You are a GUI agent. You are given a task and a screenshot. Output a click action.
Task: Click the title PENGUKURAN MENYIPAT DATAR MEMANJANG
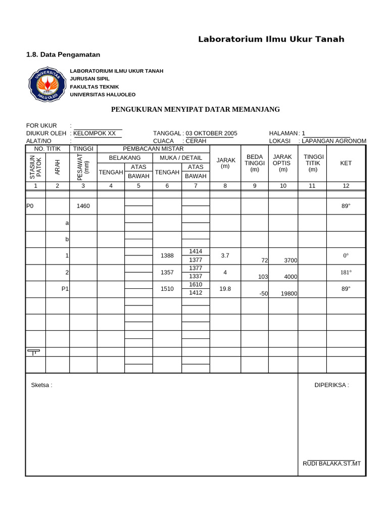tap(195, 109)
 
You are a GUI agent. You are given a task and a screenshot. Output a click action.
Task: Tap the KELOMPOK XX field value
tap(94, 133)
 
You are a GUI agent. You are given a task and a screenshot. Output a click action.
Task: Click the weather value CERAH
tap(196, 141)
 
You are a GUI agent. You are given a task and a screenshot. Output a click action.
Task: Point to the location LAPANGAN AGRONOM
tap(334, 141)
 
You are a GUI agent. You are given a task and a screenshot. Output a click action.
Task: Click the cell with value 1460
tap(83, 206)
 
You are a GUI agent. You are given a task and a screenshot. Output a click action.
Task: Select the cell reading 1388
tap(167, 256)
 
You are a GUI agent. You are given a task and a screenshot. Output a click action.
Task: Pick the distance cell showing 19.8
tap(225, 289)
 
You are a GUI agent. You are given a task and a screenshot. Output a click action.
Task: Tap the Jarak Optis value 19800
tap(289, 293)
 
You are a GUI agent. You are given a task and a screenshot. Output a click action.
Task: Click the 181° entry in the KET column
tap(346, 273)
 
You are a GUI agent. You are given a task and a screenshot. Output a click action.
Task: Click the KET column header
tap(346, 163)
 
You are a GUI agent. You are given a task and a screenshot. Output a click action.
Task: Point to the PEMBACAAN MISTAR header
tap(153, 149)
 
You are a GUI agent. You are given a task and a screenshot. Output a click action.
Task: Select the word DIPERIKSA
tap(331, 385)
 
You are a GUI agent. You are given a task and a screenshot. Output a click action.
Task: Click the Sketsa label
tap(41, 385)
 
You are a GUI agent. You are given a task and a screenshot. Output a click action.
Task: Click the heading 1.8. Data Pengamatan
tap(63, 54)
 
